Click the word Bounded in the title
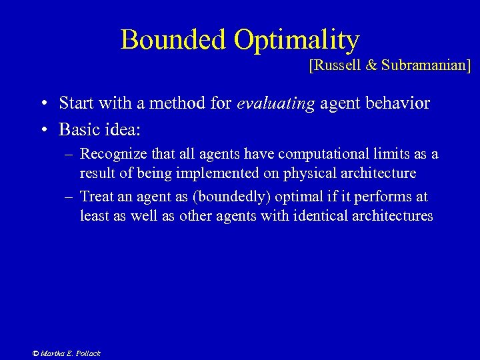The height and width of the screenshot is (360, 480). pos(174,40)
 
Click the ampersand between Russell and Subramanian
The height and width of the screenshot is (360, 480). pos(371,65)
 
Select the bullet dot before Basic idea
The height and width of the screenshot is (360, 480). pos(42,127)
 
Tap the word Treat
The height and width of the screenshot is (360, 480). pos(96,197)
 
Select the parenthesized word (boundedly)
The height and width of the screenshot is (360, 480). pos(209,197)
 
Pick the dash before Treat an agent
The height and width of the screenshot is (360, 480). pos(70,197)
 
